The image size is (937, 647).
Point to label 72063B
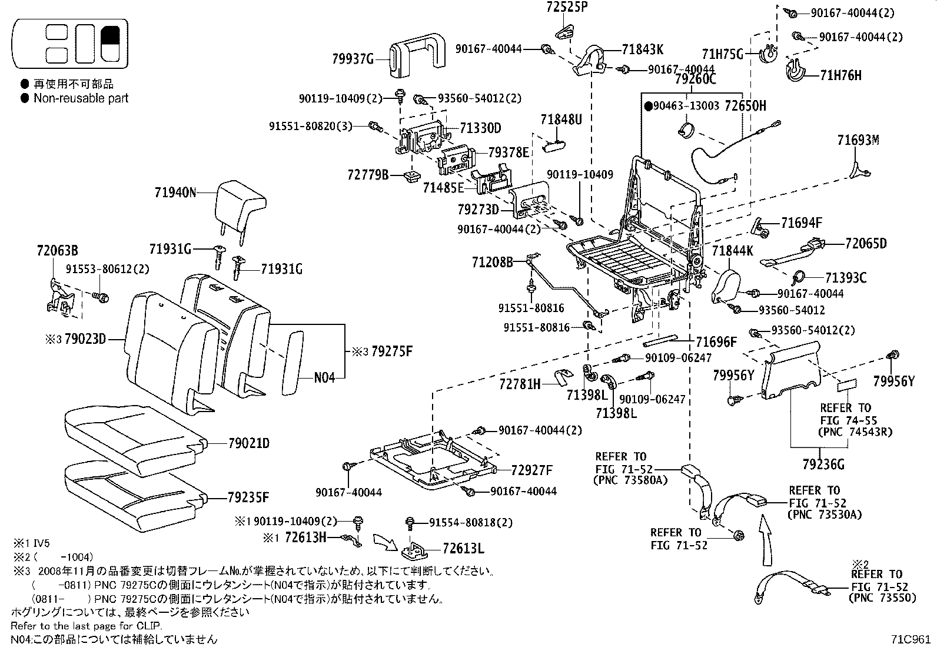tap(57, 251)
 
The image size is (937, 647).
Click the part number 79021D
tap(248, 443)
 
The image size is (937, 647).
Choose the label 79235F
tap(248, 497)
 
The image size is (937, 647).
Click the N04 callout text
tap(324, 377)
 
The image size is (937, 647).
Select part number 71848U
tap(561, 120)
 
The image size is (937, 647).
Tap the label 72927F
tap(531, 470)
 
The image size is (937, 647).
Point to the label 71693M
tap(858, 140)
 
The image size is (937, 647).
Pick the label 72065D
tap(865, 243)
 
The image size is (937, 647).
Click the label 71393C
tap(846, 277)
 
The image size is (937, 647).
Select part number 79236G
tap(823, 464)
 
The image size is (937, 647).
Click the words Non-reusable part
tap(81, 98)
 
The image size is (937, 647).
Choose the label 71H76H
tap(840, 75)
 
